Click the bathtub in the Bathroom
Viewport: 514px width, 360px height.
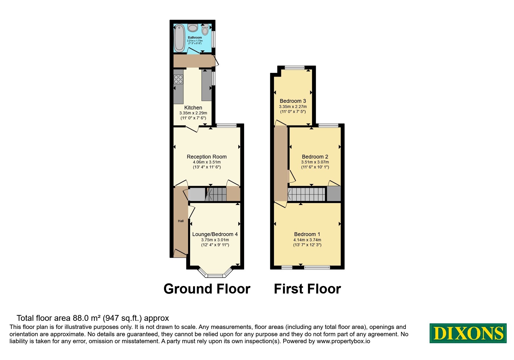[179, 38]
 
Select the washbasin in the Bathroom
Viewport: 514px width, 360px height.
[193, 28]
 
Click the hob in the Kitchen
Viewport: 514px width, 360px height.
[178, 79]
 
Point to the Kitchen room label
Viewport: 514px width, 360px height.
[193, 108]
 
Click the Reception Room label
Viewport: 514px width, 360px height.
[207, 157]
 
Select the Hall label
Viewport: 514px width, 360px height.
[181, 221]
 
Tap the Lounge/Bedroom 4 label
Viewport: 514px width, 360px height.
[215, 234]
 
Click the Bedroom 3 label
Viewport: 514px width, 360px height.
[293, 101]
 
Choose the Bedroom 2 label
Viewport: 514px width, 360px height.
[315, 157]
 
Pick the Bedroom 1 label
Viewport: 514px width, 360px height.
[307, 234]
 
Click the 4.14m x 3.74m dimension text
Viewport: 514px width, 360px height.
[307, 240]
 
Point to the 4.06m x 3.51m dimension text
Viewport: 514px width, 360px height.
[207, 162]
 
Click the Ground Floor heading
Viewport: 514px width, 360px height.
[207, 289]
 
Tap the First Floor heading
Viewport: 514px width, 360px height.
[307, 289]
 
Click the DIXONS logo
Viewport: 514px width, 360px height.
[468, 333]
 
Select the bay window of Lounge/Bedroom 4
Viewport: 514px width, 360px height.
[215, 272]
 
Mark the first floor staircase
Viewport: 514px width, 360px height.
[306, 194]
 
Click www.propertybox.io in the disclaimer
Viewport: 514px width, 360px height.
[343, 341]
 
